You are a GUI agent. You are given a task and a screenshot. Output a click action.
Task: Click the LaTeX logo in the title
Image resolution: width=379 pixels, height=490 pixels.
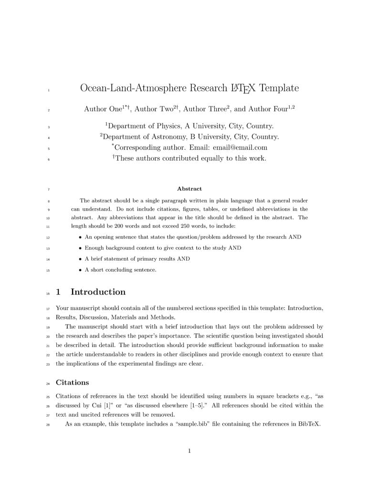(243, 88)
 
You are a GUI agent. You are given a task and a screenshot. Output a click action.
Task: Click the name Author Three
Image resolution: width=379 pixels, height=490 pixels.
(205, 109)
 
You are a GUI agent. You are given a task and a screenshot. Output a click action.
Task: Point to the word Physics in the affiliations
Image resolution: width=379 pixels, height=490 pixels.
(167, 126)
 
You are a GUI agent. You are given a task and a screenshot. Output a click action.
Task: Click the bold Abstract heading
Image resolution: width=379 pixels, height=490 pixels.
(189, 189)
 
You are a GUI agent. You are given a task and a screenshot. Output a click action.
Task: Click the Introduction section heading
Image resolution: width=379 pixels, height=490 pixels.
(98, 292)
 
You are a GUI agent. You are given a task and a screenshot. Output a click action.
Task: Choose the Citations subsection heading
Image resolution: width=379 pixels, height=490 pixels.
(72, 382)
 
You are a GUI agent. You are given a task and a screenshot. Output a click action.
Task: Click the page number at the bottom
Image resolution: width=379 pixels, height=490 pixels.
(189, 451)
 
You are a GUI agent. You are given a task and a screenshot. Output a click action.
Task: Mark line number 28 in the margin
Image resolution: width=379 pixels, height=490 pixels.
(48, 424)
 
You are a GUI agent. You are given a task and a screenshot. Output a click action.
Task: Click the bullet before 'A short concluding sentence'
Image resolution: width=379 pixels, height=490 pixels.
(80, 270)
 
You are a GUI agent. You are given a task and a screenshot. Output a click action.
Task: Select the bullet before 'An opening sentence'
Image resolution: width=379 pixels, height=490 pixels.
(80, 237)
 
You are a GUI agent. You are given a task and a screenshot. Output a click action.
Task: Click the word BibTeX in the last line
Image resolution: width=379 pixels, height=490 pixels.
(308, 424)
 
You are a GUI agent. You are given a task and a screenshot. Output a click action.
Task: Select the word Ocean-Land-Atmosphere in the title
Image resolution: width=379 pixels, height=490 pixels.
(133, 88)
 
